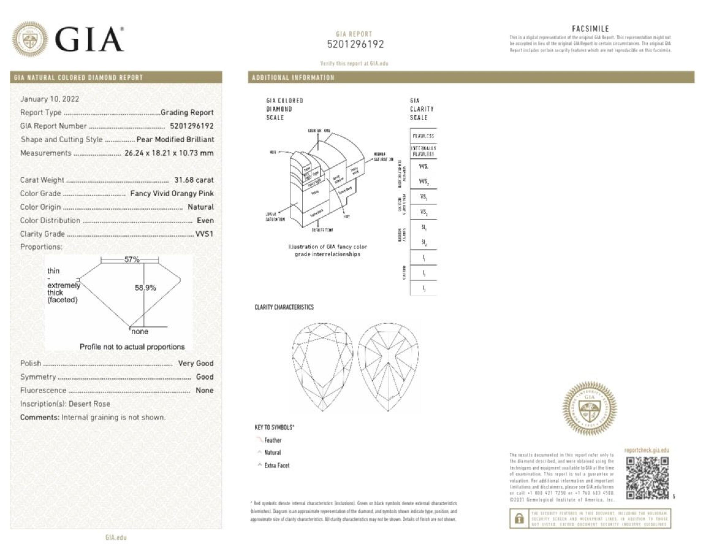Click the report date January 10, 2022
[x=49, y=99]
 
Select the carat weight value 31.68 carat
[x=194, y=180]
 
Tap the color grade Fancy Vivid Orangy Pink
[x=172, y=193]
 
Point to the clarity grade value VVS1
[x=204, y=234]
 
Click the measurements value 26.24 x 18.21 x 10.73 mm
[x=169, y=153]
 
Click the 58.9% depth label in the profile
[x=145, y=287]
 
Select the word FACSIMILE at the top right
[x=590, y=29]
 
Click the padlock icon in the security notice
[x=519, y=519]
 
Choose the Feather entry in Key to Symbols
[x=272, y=440]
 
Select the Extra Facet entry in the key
[x=277, y=465]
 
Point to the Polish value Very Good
[x=195, y=363]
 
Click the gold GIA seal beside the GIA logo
[x=30, y=39]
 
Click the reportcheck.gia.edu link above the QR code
[x=646, y=450]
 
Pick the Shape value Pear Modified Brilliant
[x=175, y=139]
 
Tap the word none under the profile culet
[x=140, y=332]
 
